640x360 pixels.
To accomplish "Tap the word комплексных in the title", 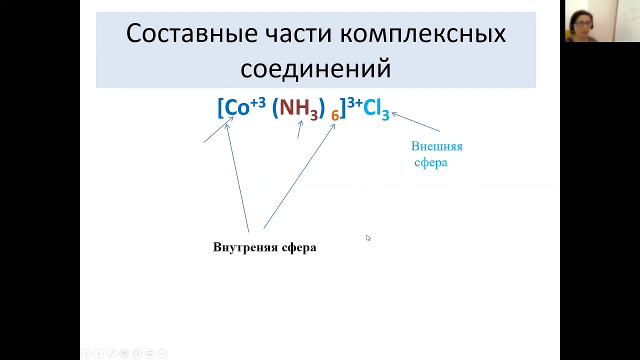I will [423, 34].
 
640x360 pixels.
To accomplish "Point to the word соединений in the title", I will [315, 69].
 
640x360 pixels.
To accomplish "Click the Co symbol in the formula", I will [237, 107].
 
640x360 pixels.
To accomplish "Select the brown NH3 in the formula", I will [298, 108].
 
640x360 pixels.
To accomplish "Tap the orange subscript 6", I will [335, 115].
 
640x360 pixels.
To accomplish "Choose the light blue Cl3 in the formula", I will [376, 108].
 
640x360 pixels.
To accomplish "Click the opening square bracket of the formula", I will [220, 108].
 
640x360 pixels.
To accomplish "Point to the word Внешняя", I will [436, 146].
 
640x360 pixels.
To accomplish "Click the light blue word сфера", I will [430, 162].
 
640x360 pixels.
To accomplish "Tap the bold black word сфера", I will [299, 247].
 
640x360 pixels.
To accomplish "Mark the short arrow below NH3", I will [299, 129].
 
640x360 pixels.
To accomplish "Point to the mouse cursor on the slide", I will [368, 238].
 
